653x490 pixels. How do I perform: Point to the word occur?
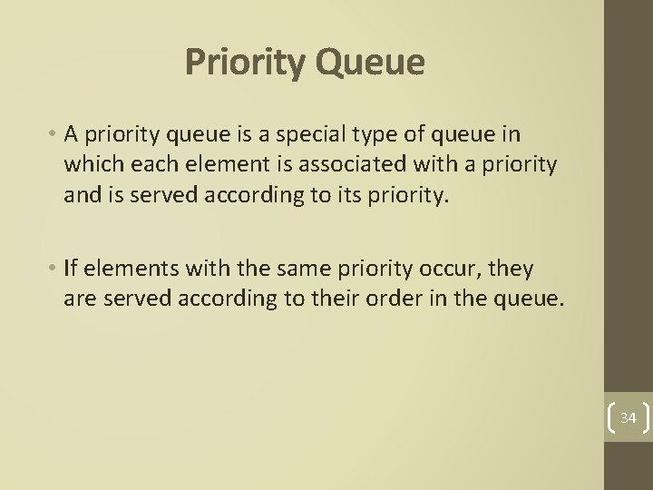[x=451, y=269]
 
